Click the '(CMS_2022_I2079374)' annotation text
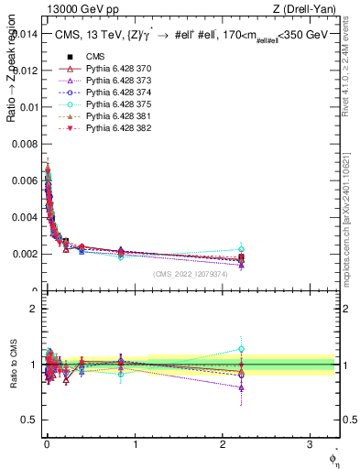191,275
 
